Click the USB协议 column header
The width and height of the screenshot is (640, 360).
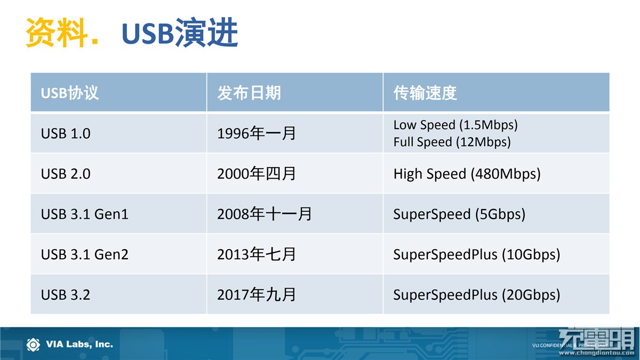tap(70, 93)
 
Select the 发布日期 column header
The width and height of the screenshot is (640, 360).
tap(249, 93)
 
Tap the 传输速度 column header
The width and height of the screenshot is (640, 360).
tap(425, 93)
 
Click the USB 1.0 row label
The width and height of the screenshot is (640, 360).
tap(66, 133)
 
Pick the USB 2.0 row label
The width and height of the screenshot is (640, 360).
tap(66, 174)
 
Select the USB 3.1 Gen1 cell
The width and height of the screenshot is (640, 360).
tap(85, 214)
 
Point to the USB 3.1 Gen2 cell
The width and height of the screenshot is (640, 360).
tap(85, 254)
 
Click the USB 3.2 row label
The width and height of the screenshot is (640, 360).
tap(66, 294)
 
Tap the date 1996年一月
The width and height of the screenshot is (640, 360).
tap(257, 133)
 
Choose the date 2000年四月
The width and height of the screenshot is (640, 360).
tap(257, 174)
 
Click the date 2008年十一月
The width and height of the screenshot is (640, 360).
tap(265, 214)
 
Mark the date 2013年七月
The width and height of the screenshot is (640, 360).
tap(257, 254)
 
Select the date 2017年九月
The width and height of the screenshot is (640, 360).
tap(257, 294)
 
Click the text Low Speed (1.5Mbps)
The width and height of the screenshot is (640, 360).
tap(455, 125)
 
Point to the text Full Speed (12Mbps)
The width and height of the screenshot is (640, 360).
tap(452, 142)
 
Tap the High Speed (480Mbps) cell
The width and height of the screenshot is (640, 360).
tap(467, 174)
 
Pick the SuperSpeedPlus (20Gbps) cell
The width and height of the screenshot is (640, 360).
tap(477, 295)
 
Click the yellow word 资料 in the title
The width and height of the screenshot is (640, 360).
tap(57, 32)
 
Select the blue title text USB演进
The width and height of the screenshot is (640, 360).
tap(180, 32)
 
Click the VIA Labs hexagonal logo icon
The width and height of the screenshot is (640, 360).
tap(33, 345)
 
